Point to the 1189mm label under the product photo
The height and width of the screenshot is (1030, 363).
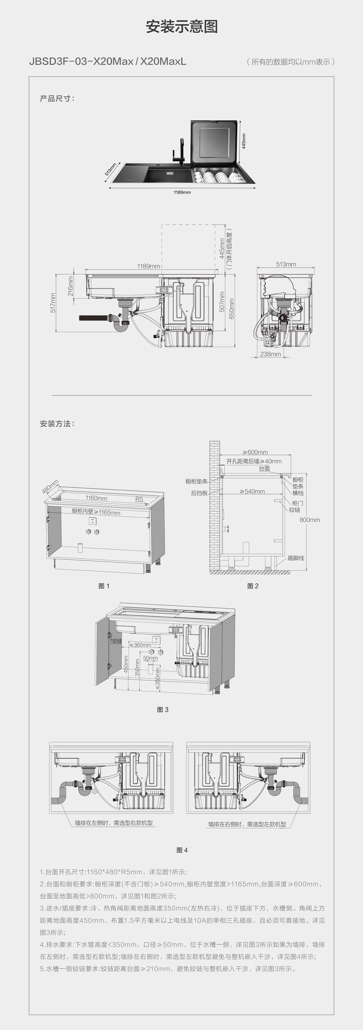(x=182, y=192)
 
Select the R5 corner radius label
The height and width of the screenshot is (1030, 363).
(x=139, y=499)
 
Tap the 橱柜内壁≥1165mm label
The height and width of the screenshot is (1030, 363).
(x=96, y=512)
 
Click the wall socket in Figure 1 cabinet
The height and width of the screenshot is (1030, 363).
(x=92, y=521)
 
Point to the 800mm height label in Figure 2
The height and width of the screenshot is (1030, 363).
(x=309, y=520)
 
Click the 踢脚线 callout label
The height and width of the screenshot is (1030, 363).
(x=296, y=558)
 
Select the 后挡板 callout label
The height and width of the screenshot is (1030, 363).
(x=199, y=493)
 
